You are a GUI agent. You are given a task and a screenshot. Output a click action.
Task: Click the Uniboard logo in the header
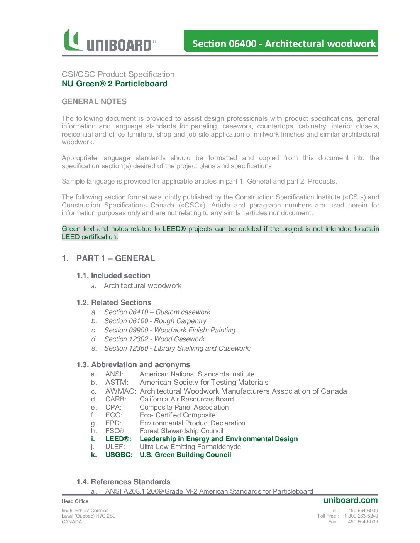point(110,41)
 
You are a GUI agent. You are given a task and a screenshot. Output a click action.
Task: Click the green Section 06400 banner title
point(284,44)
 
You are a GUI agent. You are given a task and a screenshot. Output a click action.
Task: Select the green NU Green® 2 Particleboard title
point(115,84)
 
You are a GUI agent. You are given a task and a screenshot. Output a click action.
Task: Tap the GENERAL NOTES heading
point(94,101)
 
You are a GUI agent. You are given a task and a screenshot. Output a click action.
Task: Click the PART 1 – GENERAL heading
point(115,258)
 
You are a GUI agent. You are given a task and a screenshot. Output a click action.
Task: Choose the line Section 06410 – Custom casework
point(157,312)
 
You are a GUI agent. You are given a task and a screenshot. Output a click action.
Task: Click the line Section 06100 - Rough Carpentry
point(155,321)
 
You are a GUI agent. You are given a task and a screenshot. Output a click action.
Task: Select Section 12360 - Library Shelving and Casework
point(177,348)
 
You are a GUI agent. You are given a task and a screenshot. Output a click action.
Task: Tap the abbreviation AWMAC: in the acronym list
point(120,391)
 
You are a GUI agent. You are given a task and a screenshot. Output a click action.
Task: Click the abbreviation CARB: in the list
point(116,399)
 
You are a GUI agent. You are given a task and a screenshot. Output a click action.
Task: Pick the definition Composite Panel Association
point(184,407)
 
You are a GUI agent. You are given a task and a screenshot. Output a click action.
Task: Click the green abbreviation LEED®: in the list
point(118,439)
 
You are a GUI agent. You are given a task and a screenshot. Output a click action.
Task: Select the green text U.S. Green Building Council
point(185,455)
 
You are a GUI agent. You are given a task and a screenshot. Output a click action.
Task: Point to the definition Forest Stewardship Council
point(181,431)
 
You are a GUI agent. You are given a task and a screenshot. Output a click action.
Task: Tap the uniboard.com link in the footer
point(351,500)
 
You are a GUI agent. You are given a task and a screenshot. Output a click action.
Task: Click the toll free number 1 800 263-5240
point(361,516)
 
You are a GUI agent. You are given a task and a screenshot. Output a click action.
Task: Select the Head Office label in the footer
point(75,501)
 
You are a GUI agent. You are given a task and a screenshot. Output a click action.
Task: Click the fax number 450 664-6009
point(363,522)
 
